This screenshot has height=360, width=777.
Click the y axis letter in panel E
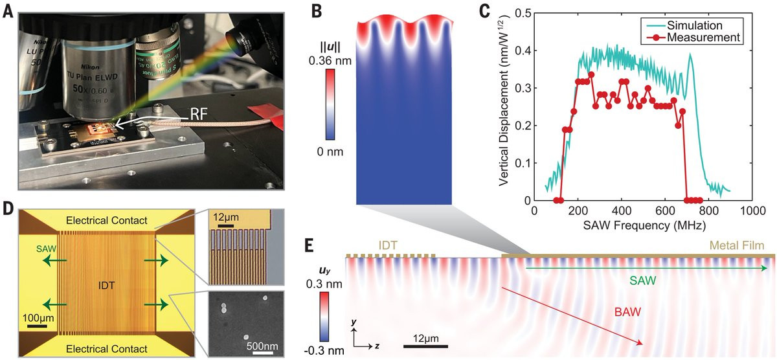(x=353, y=322)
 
